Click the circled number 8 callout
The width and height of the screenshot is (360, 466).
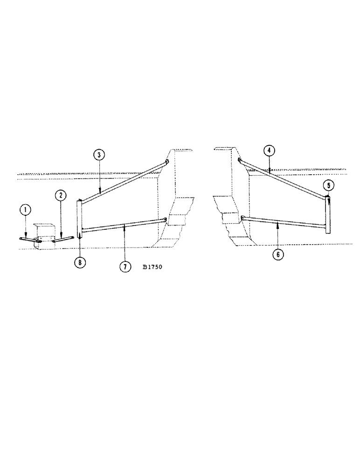(80, 262)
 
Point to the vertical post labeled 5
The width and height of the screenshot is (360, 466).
(328, 215)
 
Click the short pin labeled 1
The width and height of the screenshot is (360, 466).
(30, 240)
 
